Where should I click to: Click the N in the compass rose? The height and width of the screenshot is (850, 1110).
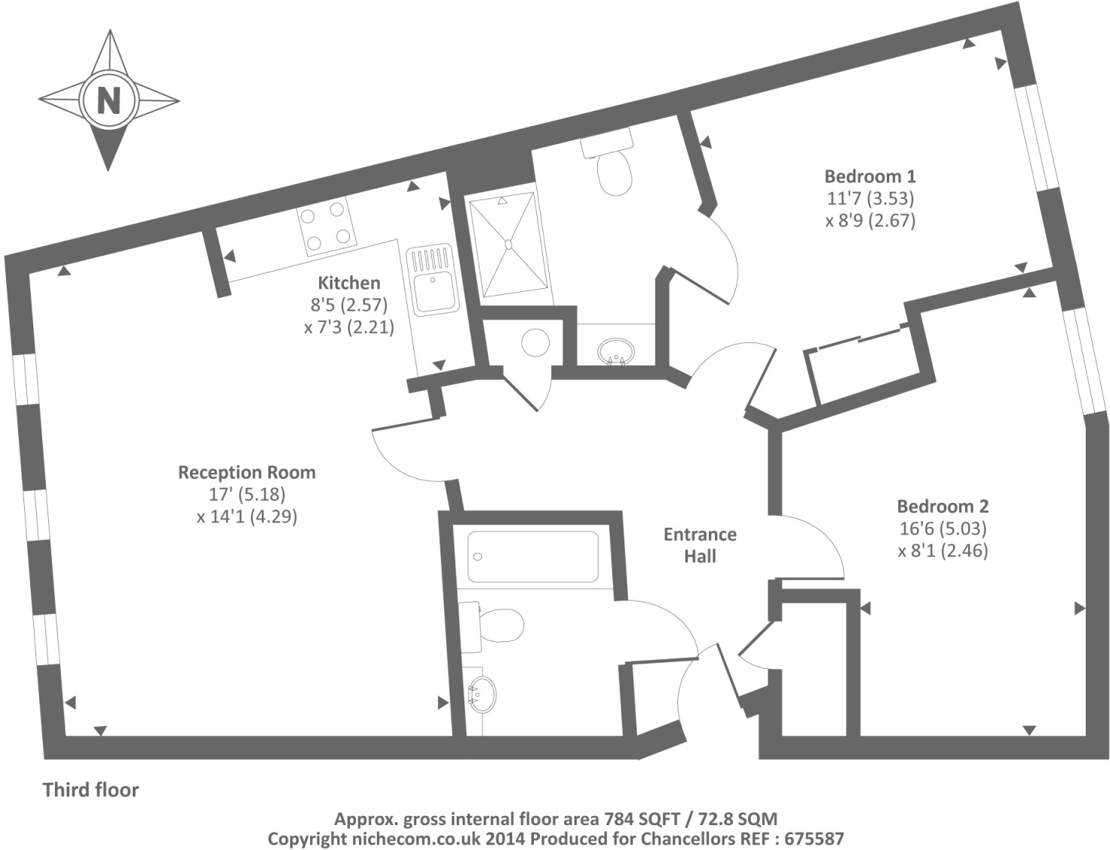109,100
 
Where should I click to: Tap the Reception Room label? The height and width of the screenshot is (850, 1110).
247,473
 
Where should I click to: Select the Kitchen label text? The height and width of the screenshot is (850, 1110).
348,283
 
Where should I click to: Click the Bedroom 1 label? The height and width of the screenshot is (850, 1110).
869,176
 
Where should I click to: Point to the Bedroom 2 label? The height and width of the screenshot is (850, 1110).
943,506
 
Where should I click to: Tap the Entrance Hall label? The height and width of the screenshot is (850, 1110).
700,545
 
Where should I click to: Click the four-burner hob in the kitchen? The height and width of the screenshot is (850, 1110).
327,226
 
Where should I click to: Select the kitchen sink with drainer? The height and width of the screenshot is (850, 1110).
432,279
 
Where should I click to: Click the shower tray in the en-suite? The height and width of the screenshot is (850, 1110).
507,244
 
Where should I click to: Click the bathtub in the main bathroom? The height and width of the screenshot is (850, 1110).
533,557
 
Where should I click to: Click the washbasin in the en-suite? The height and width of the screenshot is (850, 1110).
616,351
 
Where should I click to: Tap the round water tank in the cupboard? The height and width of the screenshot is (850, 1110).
536,343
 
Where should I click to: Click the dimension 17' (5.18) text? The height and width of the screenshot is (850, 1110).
247,495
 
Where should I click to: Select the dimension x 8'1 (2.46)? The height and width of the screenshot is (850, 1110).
943,551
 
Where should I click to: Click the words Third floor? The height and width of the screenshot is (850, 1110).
90,790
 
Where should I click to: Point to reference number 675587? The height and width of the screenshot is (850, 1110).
814,838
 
